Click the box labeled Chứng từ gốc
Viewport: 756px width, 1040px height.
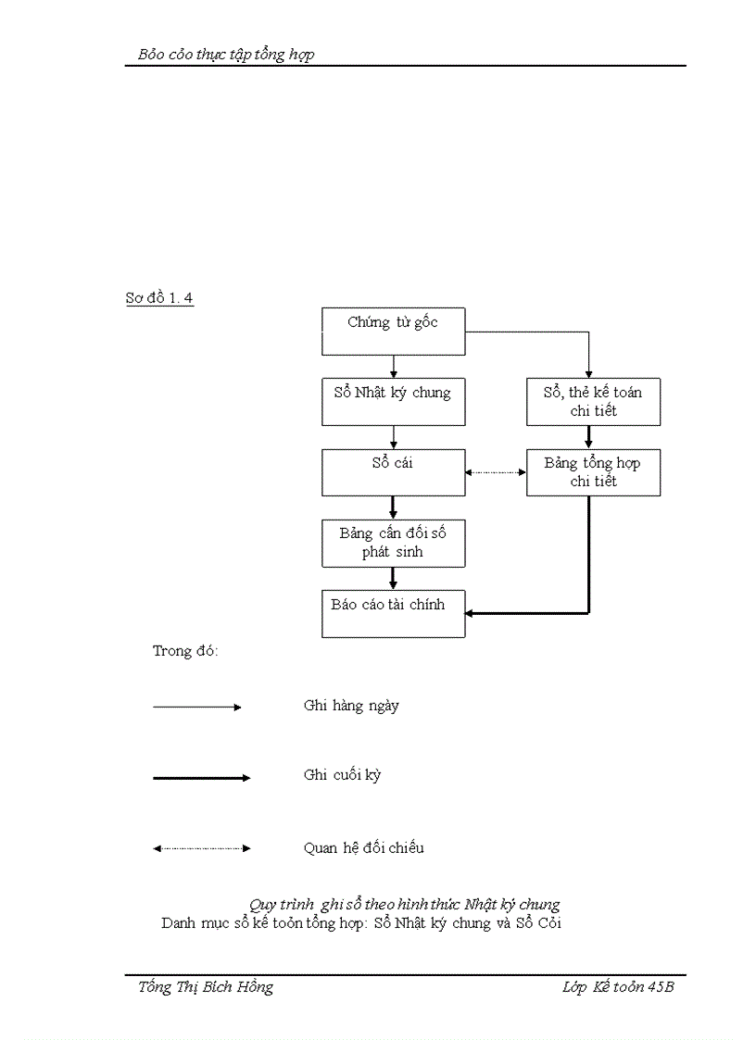click(x=393, y=332)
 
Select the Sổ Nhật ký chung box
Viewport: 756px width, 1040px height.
click(x=393, y=402)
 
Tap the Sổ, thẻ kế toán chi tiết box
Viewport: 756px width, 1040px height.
click(x=593, y=402)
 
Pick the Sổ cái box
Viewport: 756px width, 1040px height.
click(x=393, y=472)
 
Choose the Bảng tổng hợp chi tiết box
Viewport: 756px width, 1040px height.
click(x=593, y=472)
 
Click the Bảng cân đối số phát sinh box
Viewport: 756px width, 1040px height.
click(x=393, y=543)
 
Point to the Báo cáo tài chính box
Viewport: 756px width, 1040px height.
click(x=393, y=613)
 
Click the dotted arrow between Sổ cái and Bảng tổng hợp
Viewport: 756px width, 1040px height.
click(x=496, y=472)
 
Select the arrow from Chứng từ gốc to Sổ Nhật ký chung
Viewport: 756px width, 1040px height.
click(x=394, y=367)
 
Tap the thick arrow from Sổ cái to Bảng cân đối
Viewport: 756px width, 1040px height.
click(x=394, y=507)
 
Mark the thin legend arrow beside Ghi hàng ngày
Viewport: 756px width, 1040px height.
click(x=196, y=707)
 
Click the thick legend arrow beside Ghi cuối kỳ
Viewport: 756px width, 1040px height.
click(x=201, y=778)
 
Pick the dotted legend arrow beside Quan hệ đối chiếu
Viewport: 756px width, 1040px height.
click(x=201, y=848)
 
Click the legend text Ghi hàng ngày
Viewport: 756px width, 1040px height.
click(x=351, y=706)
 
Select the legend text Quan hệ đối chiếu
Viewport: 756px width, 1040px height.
click(x=363, y=847)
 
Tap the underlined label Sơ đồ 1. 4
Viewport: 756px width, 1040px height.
click(x=159, y=298)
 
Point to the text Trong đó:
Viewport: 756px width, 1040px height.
click(x=185, y=651)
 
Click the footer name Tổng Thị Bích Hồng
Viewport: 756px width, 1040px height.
click(x=206, y=987)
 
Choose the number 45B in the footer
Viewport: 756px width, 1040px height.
click(x=660, y=987)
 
